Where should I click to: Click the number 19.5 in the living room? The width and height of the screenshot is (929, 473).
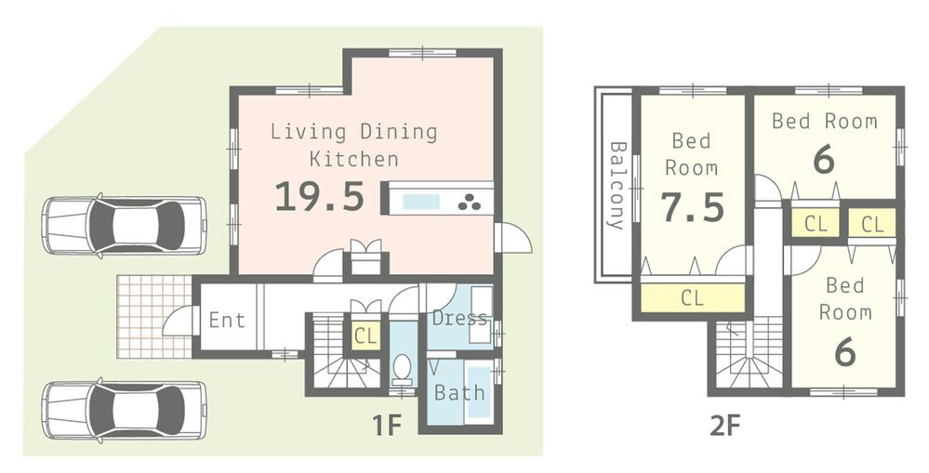pyautogui.click(x=319, y=197)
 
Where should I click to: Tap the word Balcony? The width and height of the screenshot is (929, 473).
pyautogui.click(x=616, y=185)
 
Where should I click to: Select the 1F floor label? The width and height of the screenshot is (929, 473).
pyautogui.click(x=386, y=427)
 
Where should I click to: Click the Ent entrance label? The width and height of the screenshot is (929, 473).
pyautogui.click(x=227, y=321)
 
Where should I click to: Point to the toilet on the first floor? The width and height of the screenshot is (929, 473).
pyautogui.click(x=403, y=368)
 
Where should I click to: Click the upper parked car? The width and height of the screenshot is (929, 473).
pyautogui.click(x=124, y=226)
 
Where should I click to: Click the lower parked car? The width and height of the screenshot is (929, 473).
pyautogui.click(x=124, y=409)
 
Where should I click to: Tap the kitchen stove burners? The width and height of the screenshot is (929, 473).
pyautogui.click(x=470, y=201)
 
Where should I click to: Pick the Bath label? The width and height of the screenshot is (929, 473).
pyautogui.click(x=460, y=392)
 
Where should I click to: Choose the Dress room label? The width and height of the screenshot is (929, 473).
pyautogui.click(x=459, y=319)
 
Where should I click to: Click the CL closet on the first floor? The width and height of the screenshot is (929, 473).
pyautogui.click(x=365, y=336)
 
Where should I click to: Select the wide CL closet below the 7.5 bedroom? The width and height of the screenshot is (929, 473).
pyautogui.click(x=692, y=298)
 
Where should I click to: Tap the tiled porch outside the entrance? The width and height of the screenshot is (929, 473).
pyautogui.click(x=153, y=316)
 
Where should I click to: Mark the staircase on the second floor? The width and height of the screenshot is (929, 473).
pyautogui.click(x=749, y=353)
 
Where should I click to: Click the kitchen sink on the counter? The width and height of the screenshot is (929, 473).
pyautogui.click(x=422, y=201)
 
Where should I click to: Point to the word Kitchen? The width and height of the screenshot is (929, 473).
pyautogui.click(x=353, y=159)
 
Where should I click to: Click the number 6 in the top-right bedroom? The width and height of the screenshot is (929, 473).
pyautogui.click(x=823, y=160)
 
